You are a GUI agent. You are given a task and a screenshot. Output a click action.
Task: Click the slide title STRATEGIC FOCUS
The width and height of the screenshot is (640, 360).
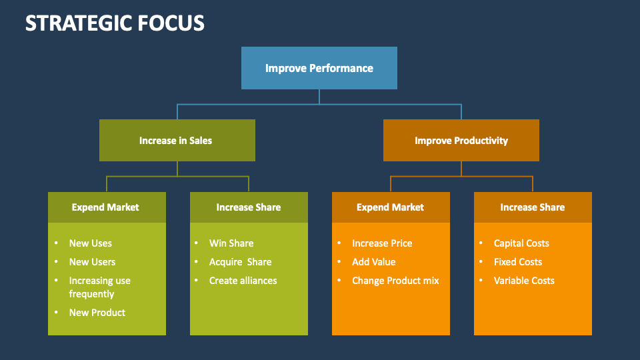coord(115,23)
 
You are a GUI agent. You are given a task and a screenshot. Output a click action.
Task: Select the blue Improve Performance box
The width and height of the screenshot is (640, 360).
coord(319,68)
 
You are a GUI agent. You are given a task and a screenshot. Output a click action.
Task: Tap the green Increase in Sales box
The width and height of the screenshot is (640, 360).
coord(177,141)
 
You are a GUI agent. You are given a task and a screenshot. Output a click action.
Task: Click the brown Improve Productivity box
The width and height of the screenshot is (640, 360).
coord(461,141)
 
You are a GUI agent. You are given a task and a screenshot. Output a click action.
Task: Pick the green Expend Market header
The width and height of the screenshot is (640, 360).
coord(106,207)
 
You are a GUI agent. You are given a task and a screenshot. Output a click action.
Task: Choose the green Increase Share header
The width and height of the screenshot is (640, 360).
coord(249,207)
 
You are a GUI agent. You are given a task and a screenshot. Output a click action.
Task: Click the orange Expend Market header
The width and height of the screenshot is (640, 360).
coord(390,207)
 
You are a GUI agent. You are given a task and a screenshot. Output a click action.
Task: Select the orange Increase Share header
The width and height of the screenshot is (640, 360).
coord(532,207)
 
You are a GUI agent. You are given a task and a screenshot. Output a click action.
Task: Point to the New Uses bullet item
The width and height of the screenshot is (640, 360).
coord(91,243)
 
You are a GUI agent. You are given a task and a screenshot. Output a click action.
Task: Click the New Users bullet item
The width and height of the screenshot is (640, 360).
coord(92,262)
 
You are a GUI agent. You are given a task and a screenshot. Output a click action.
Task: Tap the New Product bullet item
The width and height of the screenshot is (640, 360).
coord(97,313)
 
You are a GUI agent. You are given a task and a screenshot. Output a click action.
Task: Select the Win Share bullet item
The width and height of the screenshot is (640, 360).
coord(231,243)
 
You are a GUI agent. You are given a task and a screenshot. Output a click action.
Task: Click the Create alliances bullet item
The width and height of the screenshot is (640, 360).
coord(243,281)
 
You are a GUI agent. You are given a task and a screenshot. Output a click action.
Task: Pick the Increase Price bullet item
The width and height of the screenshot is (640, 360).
coord(382,243)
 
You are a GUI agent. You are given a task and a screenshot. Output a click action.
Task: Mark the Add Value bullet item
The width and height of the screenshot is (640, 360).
coord(373,262)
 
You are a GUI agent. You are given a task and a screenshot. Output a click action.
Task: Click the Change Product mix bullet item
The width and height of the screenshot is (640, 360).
coord(395,281)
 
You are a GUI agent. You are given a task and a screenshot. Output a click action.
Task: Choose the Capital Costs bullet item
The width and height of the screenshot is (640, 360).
coord(521,243)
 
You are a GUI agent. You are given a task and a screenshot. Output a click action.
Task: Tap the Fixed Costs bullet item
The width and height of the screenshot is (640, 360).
coord(517,262)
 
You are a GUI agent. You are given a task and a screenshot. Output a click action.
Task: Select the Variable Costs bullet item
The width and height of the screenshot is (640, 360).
coord(524,281)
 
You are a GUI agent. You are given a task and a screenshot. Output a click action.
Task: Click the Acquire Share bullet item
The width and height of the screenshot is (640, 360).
coord(240,262)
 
